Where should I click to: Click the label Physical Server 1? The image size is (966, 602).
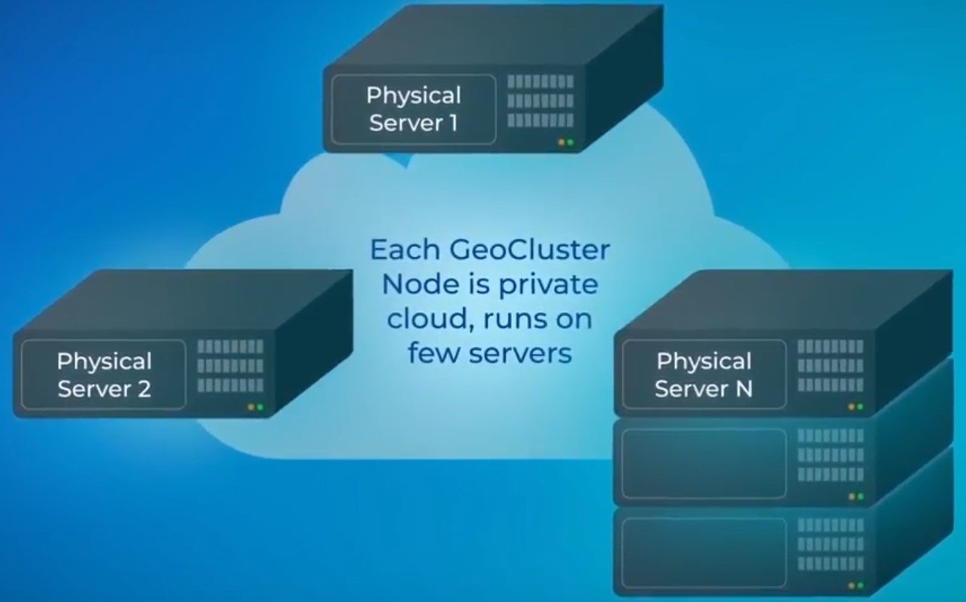413,109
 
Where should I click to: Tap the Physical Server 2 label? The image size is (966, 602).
104,375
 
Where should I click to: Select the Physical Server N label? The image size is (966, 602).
704,375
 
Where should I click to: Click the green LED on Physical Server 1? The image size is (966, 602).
571,142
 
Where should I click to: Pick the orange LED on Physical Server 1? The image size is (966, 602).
560,142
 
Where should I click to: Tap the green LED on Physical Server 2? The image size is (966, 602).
260,407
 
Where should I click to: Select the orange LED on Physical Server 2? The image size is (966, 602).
250,407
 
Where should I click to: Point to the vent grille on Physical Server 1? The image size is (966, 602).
541,101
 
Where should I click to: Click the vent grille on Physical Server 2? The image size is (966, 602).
231,366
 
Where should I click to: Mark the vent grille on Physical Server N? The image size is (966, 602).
831,365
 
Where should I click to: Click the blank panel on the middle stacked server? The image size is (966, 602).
704,463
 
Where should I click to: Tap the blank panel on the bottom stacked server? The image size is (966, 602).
704,552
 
